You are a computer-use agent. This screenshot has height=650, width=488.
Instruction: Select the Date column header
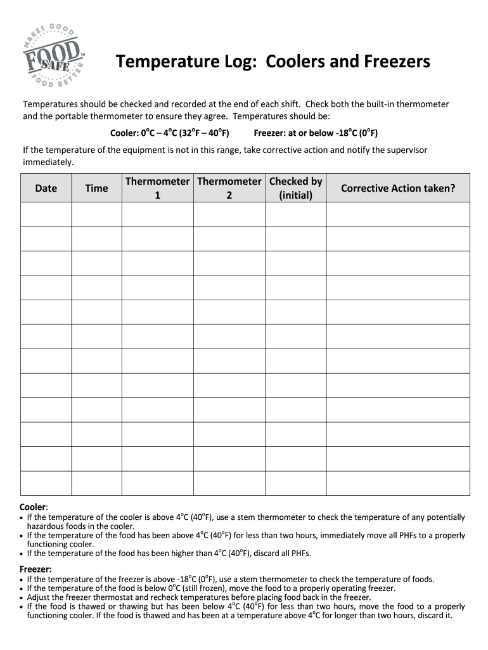pyautogui.click(x=46, y=188)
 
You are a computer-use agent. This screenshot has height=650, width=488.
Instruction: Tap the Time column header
pyautogui.click(x=96, y=188)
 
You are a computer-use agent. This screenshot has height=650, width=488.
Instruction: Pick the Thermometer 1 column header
pyautogui.click(x=157, y=188)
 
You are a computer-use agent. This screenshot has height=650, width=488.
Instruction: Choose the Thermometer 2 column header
pyautogui.click(x=229, y=188)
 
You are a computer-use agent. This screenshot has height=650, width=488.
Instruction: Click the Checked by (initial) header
pyautogui.click(x=295, y=188)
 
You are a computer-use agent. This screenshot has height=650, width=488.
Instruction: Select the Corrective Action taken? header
pyautogui.click(x=398, y=188)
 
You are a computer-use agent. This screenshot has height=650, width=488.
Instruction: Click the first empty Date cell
pyautogui.click(x=46, y=214)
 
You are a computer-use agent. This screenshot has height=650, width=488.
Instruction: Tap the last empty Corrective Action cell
pyautogui.click(x=398, y=483)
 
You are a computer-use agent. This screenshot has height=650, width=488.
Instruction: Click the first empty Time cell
pyautogui.click(x=96, y=214)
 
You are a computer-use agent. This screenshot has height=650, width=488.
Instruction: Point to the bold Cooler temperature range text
pyautogui.click(x=169, y=133)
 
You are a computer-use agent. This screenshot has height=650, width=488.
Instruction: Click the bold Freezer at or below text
pyautogui.click(x=315, y=133)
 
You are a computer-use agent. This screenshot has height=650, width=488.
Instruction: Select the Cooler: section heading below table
pyautogui.click(x=34, y=507)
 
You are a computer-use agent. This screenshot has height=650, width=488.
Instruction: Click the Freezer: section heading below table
pyautogui.click(x=35, y=569)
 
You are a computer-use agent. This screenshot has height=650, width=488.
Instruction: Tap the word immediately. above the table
pyautogui.click(x=48, y=162)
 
